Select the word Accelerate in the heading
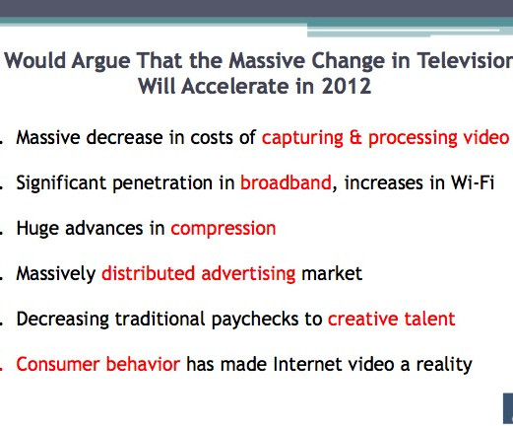[x=236, y=86]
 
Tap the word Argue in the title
[x=101, y=62]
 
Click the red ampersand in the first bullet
[x=355, y=137]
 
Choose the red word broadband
[x=286, y=182]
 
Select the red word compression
[x=224, y=229]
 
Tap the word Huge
[x=38, y=229]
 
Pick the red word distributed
[x=148, y=273]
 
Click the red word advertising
[x=248, y=274]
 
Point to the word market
[x=332, y=273]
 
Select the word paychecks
[x=255, y=320]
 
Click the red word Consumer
[x=58, y=364]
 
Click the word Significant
[x=61, y=183]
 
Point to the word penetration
[x=162, y=183]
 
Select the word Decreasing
[x=62, y=320]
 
